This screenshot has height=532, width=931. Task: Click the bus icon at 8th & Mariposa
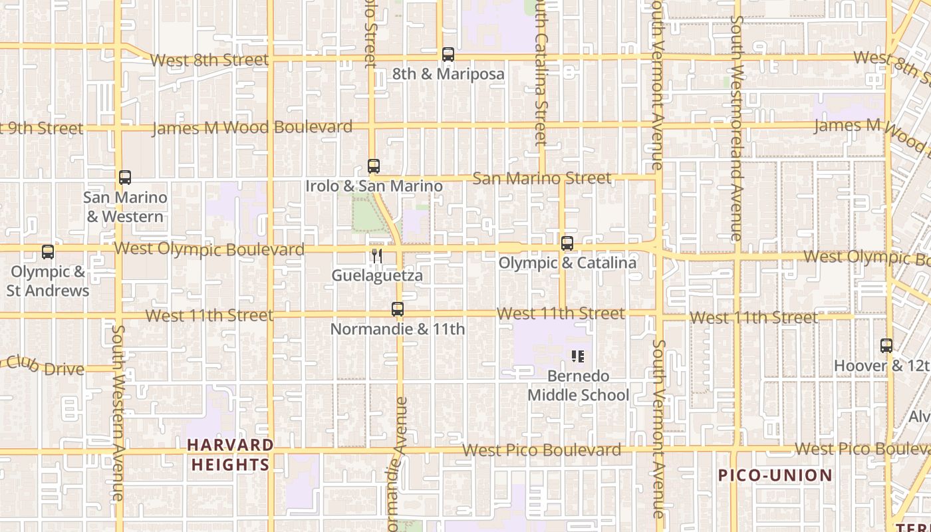[x=448, y=55]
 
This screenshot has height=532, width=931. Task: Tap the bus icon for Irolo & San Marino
[x=374, y=166]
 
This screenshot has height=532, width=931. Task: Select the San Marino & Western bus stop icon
[x=125, y=178]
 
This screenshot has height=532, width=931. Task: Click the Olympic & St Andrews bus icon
[x=48, y=252]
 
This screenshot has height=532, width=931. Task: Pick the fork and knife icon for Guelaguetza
[x=376, y=255]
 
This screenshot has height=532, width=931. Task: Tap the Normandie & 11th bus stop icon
[x=398, y=309]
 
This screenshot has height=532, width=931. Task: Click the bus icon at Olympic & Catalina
[x=567, y=243]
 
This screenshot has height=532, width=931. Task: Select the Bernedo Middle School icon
[x=578, y=356]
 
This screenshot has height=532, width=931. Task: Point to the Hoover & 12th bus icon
[x=886, y=346]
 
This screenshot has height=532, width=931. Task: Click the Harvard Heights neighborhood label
[x=230, y=455]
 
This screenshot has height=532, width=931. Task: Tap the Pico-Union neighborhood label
[x=775, y=475]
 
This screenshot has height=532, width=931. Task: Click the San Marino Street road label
[x=541, y=178]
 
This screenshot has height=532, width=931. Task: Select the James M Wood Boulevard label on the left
[x=253, y=128]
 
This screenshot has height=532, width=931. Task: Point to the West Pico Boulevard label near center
[x=542, y=450]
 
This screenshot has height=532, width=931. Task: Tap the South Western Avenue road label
[x=118, y=412]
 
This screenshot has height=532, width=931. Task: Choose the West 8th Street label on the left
[x=209, y=60]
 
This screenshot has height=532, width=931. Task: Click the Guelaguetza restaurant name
[x=377, y=275]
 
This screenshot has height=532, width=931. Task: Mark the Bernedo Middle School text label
[x=578, y=386]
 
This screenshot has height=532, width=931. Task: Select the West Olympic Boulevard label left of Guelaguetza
[x=209, y=249]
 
